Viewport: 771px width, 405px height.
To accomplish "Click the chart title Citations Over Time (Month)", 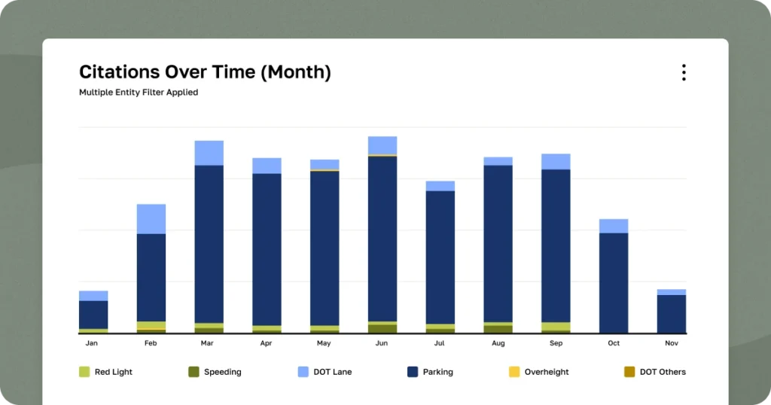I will (205, 72).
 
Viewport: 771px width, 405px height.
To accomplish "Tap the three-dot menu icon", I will (684, 72).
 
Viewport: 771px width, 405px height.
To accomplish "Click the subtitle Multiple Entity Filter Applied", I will (139, 93).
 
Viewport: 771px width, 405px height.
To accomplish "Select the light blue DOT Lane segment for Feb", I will (151, 219).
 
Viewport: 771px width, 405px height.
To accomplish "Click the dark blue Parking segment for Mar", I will (209, 244).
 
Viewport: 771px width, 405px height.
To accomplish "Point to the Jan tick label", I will (92, 343).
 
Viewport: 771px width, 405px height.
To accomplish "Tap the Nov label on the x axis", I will (672, 343).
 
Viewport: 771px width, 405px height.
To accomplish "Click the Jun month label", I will (382, 343).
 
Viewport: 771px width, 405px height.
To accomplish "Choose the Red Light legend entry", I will (105, 372).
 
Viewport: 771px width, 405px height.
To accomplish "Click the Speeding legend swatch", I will (194, 372).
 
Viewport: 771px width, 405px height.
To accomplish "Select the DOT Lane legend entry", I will (325, 372).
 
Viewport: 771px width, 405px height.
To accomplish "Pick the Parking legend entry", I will (430, 372).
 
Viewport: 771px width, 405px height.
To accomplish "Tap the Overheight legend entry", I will (538, 372).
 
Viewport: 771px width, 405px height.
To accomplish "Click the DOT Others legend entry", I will (654, 372).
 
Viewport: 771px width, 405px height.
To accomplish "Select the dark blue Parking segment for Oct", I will (614, 282).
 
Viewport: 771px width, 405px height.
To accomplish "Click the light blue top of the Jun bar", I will (382, 145).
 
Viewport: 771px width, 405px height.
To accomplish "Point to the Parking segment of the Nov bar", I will (672, 313).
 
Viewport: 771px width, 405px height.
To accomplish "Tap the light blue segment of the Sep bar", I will (556, 162).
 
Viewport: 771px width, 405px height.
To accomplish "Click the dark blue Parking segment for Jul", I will (440, 257).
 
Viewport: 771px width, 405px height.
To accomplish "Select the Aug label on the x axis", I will (498, 343).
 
